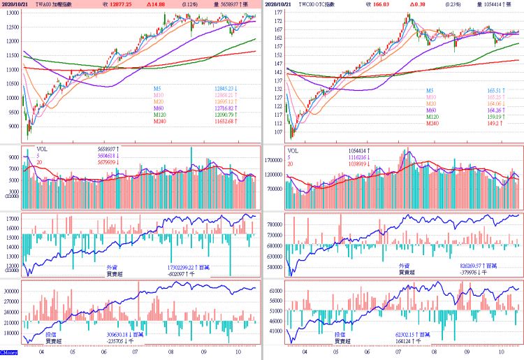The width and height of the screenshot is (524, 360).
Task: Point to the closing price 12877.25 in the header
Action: click(120, 4)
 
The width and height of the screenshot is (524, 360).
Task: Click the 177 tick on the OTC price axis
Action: click(277, 13)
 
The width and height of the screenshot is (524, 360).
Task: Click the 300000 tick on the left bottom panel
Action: click(10, 290)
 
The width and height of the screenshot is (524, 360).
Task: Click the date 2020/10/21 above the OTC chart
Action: click(283, 4)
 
